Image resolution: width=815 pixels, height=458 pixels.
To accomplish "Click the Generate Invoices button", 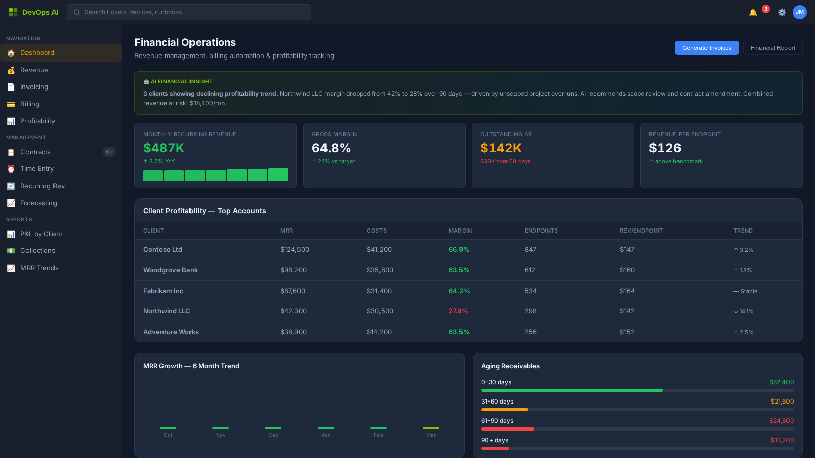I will (x=707, y=48).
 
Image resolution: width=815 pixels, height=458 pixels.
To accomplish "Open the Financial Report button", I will (x=772, y=48).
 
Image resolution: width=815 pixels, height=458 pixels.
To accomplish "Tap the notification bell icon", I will (x=753, y=12).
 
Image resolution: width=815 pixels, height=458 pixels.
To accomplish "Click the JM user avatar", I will (x=799, y=12).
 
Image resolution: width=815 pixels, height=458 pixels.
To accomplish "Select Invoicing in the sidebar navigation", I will (x=34, y=87).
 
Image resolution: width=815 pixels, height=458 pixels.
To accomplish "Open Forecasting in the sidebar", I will (x=38, y=203).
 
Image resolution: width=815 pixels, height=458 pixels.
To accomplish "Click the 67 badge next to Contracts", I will (x=109, y=152).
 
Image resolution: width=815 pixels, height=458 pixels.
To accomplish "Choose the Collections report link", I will (x=38, y=251).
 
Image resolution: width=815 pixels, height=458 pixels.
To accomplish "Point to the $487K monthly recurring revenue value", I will (x=164, y=148).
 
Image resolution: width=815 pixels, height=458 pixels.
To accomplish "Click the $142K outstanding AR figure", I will (x=501, y=148).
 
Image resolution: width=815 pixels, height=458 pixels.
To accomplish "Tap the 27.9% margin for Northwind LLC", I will (x=458, y=311).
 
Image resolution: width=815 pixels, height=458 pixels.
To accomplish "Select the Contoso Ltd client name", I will (x=162, y=250).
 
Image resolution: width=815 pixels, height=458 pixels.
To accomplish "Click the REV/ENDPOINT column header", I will (x=641, y=231).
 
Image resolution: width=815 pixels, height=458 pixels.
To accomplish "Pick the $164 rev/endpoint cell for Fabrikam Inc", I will (x=627, y=291).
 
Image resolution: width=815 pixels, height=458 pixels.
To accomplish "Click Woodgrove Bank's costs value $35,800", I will (x=379, y=270).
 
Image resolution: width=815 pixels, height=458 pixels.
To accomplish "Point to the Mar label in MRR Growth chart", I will (x=430, y=435).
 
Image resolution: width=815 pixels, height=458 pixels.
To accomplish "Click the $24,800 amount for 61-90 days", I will (x=781, y=421).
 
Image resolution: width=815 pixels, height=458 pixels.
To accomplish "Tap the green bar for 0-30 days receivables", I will (x=572, y=390).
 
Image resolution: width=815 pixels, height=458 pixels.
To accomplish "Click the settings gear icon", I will (x=782, y=12).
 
